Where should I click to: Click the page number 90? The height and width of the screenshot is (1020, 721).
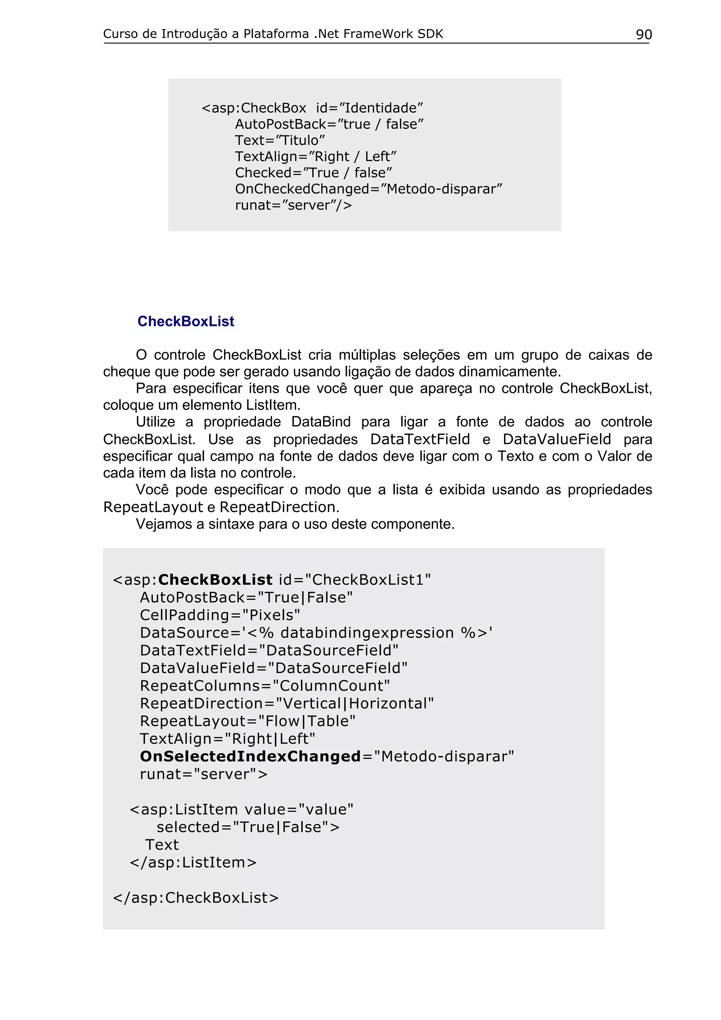click(644, 34)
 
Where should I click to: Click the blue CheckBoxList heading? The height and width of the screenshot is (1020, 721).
click(186, 321)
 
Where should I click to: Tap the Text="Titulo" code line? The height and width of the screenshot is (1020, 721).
click(280, 140)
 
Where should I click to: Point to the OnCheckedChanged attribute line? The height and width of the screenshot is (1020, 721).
click(368, 189)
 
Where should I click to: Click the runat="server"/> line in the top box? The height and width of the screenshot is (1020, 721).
click(293, 205)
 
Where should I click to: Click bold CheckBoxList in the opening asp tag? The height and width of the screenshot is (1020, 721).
click(215, 580)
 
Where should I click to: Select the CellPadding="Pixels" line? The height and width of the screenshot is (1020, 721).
click(220, 615)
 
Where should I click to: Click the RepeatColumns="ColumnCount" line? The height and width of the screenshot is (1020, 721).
click(265, 686)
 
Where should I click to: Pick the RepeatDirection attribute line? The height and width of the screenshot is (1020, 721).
click(287, 704)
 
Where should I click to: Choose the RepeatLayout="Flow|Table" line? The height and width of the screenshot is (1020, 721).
click(247, 721)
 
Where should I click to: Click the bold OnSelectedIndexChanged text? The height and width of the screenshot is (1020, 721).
click(250, 757)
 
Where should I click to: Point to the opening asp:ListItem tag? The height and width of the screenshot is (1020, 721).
click(241, 810)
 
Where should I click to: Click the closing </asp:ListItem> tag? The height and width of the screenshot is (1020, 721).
click(193, 862)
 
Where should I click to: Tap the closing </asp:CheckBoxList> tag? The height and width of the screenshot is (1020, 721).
click(196, 898)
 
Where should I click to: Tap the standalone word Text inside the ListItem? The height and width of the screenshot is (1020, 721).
click(162, 844)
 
